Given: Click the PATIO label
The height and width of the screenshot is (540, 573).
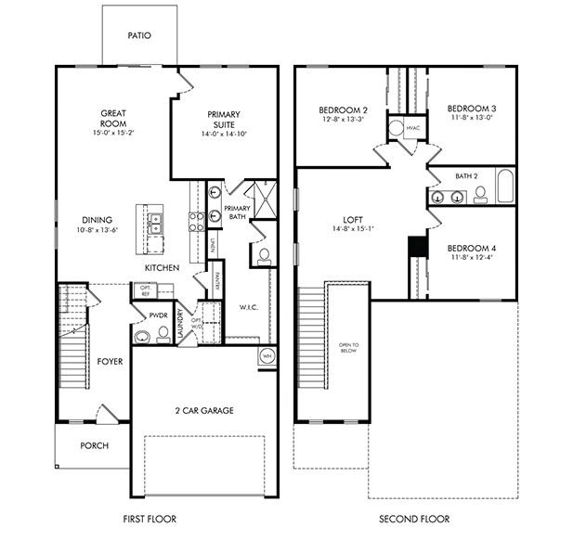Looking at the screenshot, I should pyautogui.click(x=139, y=36).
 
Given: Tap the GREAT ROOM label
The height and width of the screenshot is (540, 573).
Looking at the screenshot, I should pyautogui.click(x=114, y=119).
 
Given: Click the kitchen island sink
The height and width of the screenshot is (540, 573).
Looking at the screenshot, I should pyautogui.click(x=156, y=224).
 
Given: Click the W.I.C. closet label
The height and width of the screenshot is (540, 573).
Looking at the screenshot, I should pyautogui.click(x=249, y=306).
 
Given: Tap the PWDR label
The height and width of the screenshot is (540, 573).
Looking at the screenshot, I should pyautogui.click(x=158, y=315).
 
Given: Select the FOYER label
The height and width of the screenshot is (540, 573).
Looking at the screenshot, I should pyautogui.click(x=110, y=362).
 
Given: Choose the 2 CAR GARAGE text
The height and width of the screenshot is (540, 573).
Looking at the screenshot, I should pyautogui.click(x=203, y=410).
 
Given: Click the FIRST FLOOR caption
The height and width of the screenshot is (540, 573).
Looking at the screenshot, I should pyautogui.click(x=150, y=519).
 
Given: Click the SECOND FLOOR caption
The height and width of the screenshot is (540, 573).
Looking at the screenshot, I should pyautogui.click(x=414, y=519).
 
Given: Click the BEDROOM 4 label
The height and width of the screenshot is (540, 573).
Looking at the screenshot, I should pyautogui.click(x=472, y=248).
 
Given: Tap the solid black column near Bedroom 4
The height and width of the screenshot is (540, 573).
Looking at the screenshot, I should pyautogui.click(x=417, y=248).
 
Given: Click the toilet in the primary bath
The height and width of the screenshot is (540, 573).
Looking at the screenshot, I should pyautogui.click(x=264, y=253).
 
